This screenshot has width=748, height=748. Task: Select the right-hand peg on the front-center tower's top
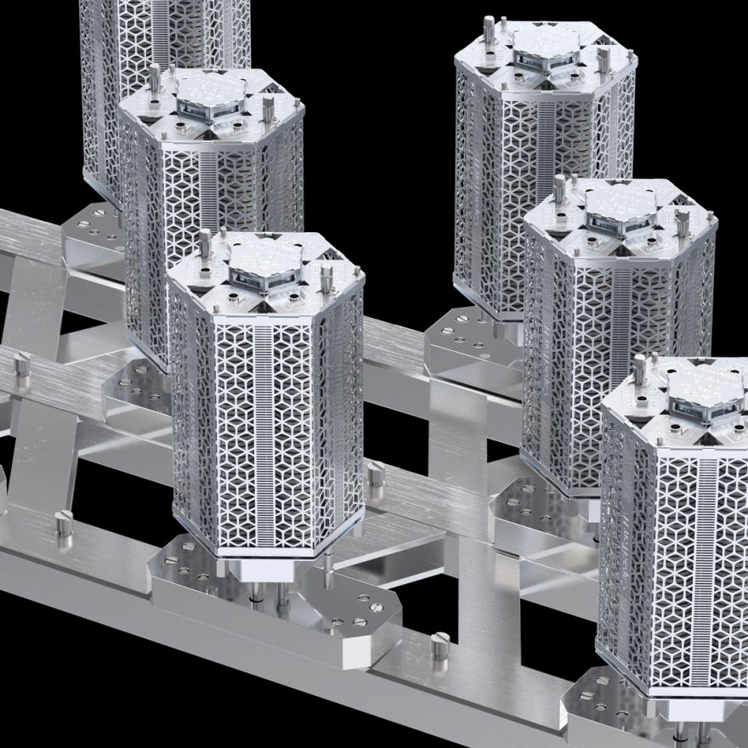pos(326,274)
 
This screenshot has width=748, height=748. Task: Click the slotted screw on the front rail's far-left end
pos(64,526)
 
